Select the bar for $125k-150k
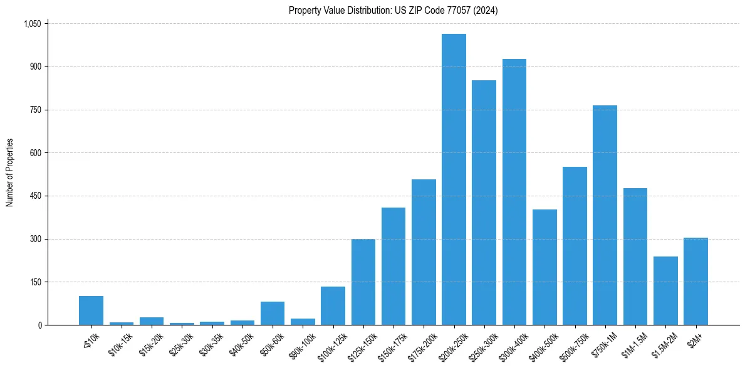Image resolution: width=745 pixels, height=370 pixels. click(363, 282)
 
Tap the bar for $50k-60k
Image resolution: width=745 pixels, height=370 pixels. click(273, 313)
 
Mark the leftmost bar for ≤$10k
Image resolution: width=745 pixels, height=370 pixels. click(91, 310)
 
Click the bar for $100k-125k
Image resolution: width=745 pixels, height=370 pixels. click(333, 305)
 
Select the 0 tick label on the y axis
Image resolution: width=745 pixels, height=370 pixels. click(39, 325)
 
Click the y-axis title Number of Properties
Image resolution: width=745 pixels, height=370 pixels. click(9, 173)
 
